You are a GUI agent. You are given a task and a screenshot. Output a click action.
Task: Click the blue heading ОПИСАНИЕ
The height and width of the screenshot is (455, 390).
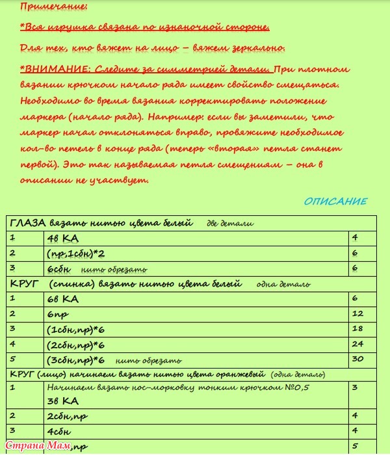pyautogui.click(x=335, y=201)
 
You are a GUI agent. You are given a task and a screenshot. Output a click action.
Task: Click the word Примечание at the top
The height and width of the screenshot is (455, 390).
pyautogui.click(x=53, y=7)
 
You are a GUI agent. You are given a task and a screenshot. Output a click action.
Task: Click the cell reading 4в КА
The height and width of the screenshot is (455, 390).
pyautogui.click(x=62, y=238)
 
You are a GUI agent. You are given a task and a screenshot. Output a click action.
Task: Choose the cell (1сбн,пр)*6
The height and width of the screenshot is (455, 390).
pyautogui.click(x=76, y=330)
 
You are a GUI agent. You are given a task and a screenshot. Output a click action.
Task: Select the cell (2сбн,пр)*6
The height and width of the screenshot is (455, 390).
pyautogui.click(x=76, y=344)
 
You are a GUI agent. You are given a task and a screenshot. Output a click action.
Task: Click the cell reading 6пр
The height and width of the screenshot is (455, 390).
pyautogui.click(x=58, y=314)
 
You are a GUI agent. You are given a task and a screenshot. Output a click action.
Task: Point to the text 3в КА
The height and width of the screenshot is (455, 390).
pyautogui.click(x=62, y=400)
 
